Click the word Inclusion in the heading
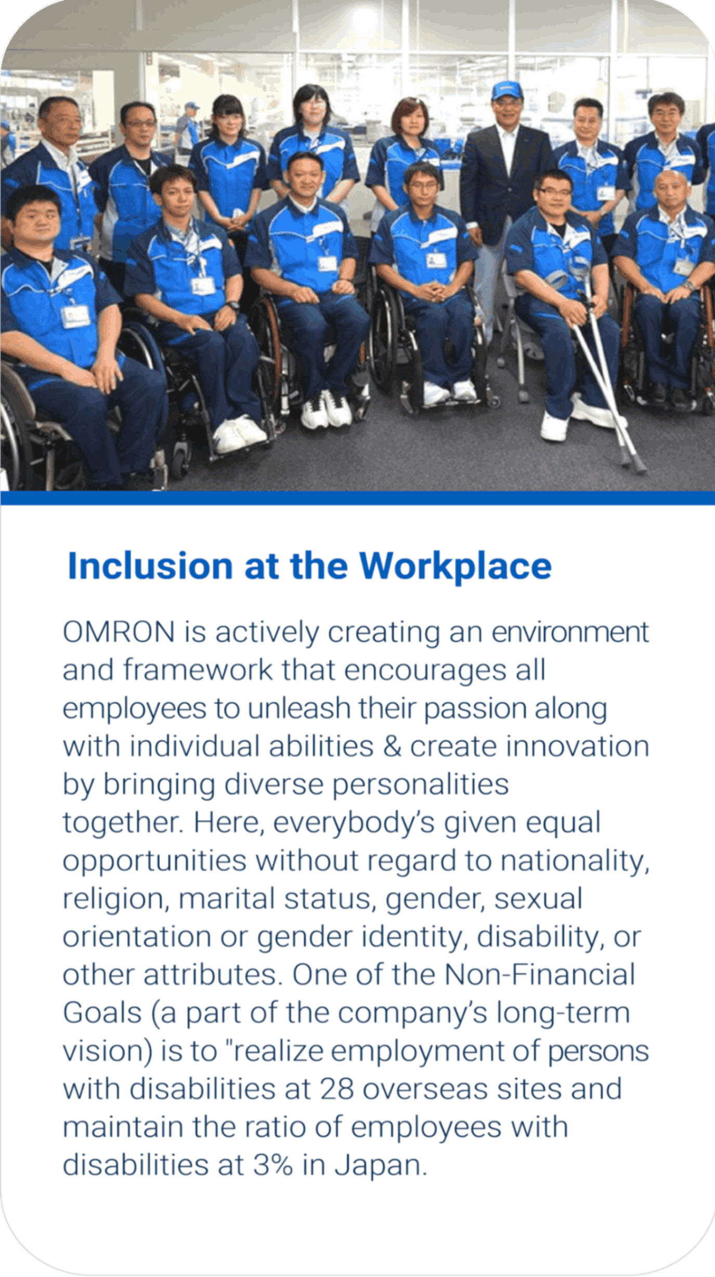click(x=150, y=566)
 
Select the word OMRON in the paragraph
click(x=119, y=633)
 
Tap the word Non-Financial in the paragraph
click(x=540, y=975)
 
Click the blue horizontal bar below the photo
click(x=357, y=498)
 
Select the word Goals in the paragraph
click(x=102, y=1013)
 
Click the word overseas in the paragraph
click(x=425, y=1089)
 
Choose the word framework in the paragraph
click(x=198, y=670)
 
